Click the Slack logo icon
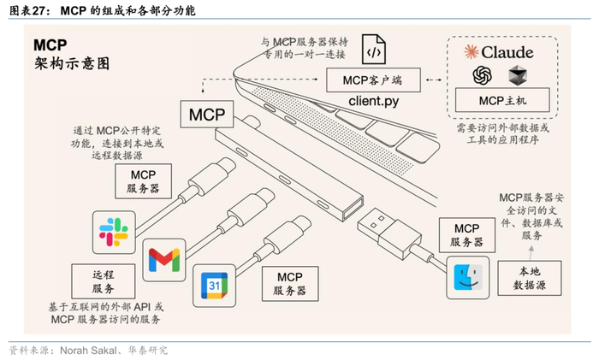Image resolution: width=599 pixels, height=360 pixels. pyautogui.click(x=114, y=232)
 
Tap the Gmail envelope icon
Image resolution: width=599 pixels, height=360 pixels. pyautogui.click(x=164, y=260)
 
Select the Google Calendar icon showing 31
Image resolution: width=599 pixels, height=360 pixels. pyautogui.click(x=214, y=286)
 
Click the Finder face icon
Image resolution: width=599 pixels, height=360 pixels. pyautogui.click(x=468, y=278)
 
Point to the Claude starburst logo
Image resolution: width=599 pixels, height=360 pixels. pyautogui.click(x=471, y=52)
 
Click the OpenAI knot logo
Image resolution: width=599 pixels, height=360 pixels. pyautogui.click(x=482, y=75)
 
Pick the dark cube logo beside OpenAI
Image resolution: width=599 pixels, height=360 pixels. pyautogui.click(x=518, y=75)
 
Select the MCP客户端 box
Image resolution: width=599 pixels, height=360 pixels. pyautogui.click(x=373, y=80)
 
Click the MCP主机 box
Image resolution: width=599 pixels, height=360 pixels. pyautogui.click(x=502, y=100)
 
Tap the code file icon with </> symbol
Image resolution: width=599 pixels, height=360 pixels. pyautogui.click(x=374, y=50)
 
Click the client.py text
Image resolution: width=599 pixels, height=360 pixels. pyautogui.click(x=374, y=101)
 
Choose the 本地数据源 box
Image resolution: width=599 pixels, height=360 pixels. pyautogui.click(x=530, y=278)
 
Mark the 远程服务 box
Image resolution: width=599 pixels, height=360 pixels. pyautogui.click(x=104, y=281)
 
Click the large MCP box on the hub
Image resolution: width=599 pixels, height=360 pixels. pyautogui.click(x=207, y=114)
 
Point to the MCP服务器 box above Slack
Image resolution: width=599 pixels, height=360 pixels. pyautogui.click(x=143, y=181)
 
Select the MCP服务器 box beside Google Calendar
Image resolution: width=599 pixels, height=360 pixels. pyautogui.click(x=290, y=284)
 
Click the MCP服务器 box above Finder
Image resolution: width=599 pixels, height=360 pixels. pyautogui.click(x=467, y=235)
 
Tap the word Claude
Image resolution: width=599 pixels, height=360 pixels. pyautogui.click(x=507, y=52)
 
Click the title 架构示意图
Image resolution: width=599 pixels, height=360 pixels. pyautogui.click(x=72, y=63)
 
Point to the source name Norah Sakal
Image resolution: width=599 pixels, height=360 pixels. pyautogui.click(x=88, y=351)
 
